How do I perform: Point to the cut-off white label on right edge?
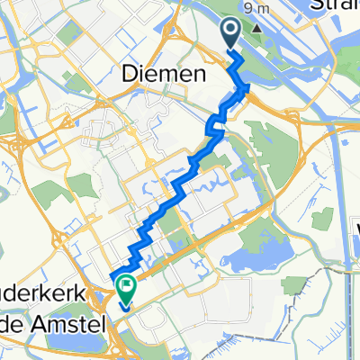pos(356,230)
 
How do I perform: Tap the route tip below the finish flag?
pos(121,305)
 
